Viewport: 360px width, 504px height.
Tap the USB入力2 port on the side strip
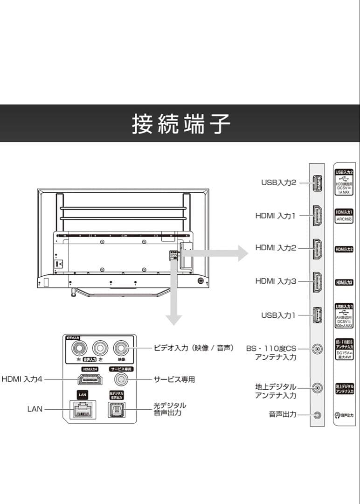(x=317, y=183)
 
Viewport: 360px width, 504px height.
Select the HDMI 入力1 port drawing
(x=317, y=216)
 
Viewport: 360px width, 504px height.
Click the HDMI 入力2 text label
(x=275, y=248)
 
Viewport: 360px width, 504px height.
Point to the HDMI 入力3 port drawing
(x=317, y=281)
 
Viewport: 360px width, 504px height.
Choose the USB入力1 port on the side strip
(x=317, y=315)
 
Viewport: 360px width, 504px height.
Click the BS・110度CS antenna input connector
(x=318, y=349)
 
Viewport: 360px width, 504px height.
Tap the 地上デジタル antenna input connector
(x=318, y=387)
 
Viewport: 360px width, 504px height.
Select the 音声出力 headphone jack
(x=318, y=414)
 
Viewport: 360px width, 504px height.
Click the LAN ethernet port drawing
(x=83, y=409)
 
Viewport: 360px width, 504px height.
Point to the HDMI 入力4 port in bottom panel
(x=90, y=379)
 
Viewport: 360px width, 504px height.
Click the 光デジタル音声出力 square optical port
(x=116, y=409)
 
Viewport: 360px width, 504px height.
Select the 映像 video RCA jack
(x=122, y=348)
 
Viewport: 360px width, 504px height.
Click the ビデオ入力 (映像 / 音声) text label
(x=194, y=348)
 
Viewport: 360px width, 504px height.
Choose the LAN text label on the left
(x=35, y=409)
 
